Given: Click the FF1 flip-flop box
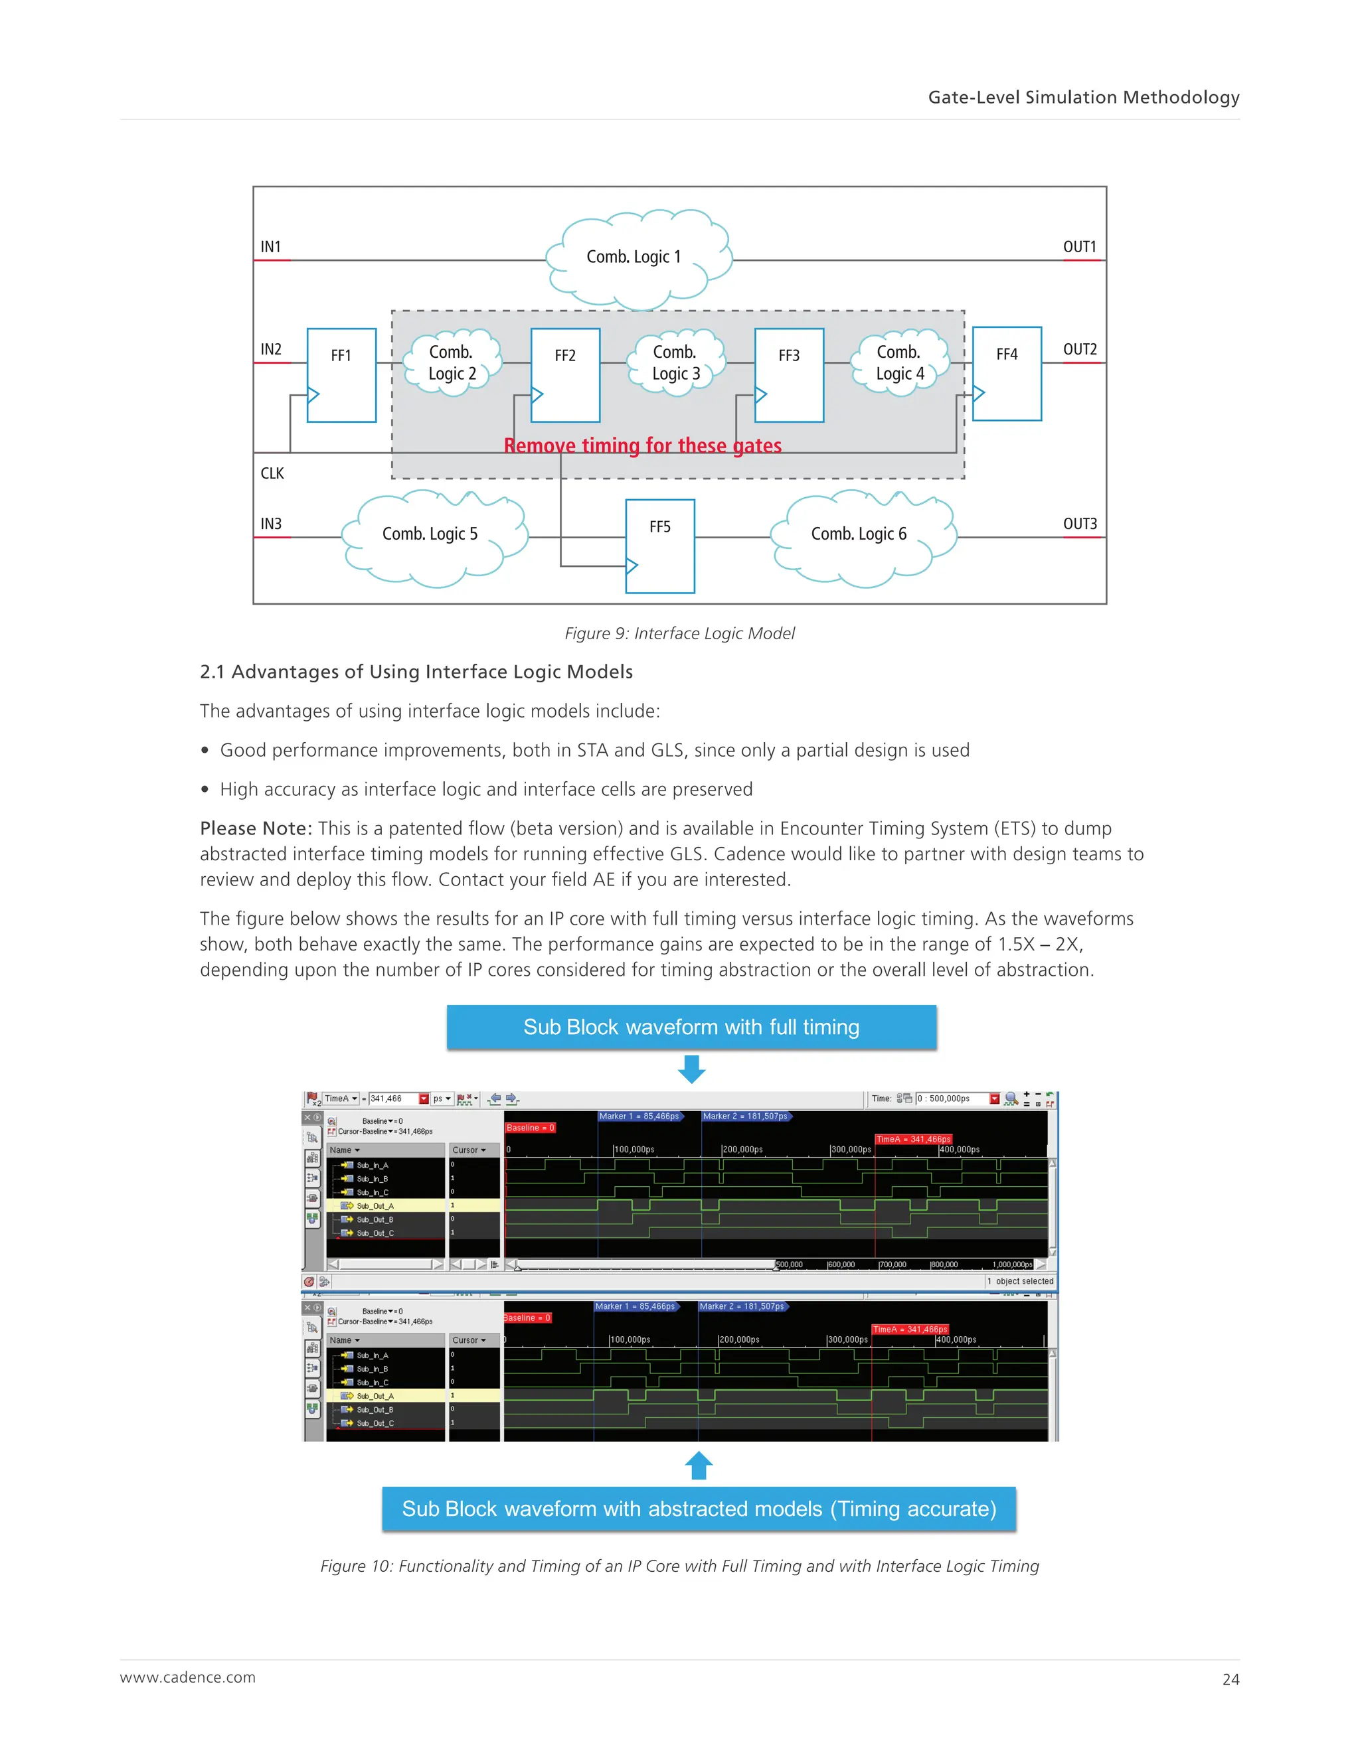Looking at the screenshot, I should (x=341, y=374).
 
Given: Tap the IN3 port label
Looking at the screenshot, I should (x=271, y=524).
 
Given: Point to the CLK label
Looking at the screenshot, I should (x=272, y=473).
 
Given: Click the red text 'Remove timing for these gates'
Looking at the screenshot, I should (x=642, y=446).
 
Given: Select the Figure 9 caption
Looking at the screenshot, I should (x=679, y=634).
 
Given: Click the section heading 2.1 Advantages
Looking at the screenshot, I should (x=416, y=672).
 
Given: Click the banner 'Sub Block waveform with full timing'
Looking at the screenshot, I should (x=691, y=1027).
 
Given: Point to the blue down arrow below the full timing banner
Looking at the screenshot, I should (x=691, y=1069).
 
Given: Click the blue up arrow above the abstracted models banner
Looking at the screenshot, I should (x=699, y=1465).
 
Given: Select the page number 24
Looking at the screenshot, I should (x=1231, y=1679).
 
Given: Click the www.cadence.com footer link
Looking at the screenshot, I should (x=188, y=1677).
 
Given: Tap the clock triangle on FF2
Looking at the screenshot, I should (x=537, y=395).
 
